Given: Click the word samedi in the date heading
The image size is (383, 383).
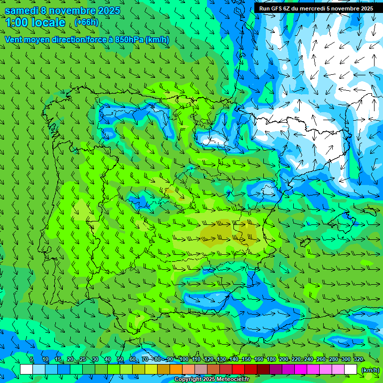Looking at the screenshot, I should [x=21, y=10].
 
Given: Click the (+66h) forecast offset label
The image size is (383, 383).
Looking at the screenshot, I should [x=86, y=22].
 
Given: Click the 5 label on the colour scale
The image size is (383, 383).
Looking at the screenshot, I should [x=32, y=360].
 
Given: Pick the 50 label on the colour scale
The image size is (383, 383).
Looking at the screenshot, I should [x=120, y=360].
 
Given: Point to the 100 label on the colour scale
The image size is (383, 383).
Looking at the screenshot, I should [x=184, y=360].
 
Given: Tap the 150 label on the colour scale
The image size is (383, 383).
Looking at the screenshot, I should [x=246, y=360].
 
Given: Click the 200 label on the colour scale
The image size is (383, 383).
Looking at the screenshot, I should [x=284, y=360].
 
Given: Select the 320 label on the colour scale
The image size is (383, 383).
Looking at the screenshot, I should [x=358, y=360].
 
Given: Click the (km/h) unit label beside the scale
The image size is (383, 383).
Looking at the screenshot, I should [x=370, y=370].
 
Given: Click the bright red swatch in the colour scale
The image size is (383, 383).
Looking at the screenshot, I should [x=238, y=370].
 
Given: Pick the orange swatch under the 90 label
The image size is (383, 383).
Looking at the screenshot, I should [x=176, y=370].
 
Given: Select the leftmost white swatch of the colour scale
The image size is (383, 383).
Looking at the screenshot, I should [x=26, y=370].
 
